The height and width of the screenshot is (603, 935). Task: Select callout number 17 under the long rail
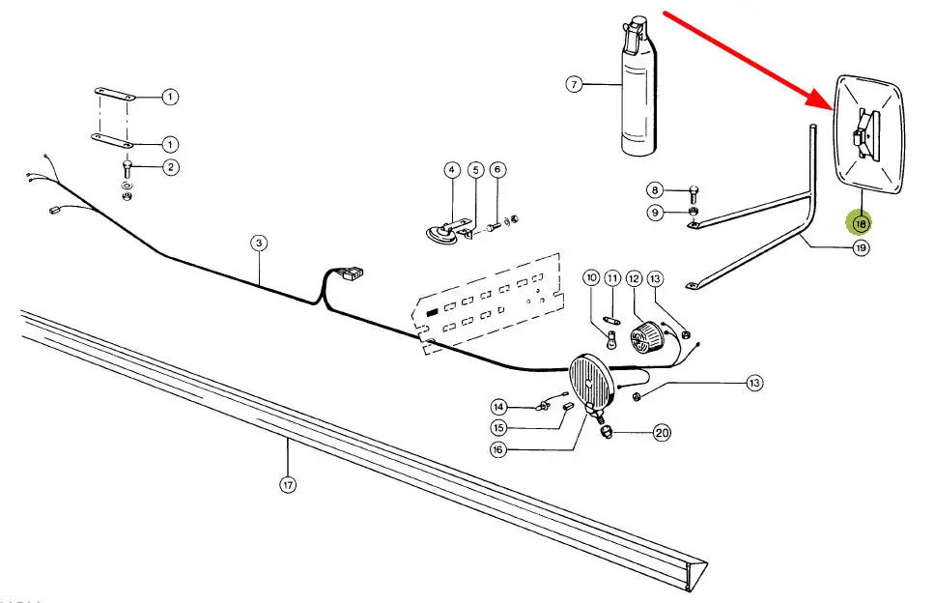click(288, 485)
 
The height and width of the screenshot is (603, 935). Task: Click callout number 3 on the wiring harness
click(259, 244)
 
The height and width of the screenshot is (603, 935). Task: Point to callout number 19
click(861, 248)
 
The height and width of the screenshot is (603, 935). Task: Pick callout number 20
click(662, 433)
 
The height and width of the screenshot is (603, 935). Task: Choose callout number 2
click(170, 167)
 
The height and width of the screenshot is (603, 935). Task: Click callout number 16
click(498, 449)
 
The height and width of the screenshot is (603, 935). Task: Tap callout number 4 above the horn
click(451, 170)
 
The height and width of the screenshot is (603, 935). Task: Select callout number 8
click(656, 190)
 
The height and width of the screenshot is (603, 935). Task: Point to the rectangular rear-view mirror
click(871, 140)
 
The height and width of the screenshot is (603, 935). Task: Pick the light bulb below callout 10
click(611, 338)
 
